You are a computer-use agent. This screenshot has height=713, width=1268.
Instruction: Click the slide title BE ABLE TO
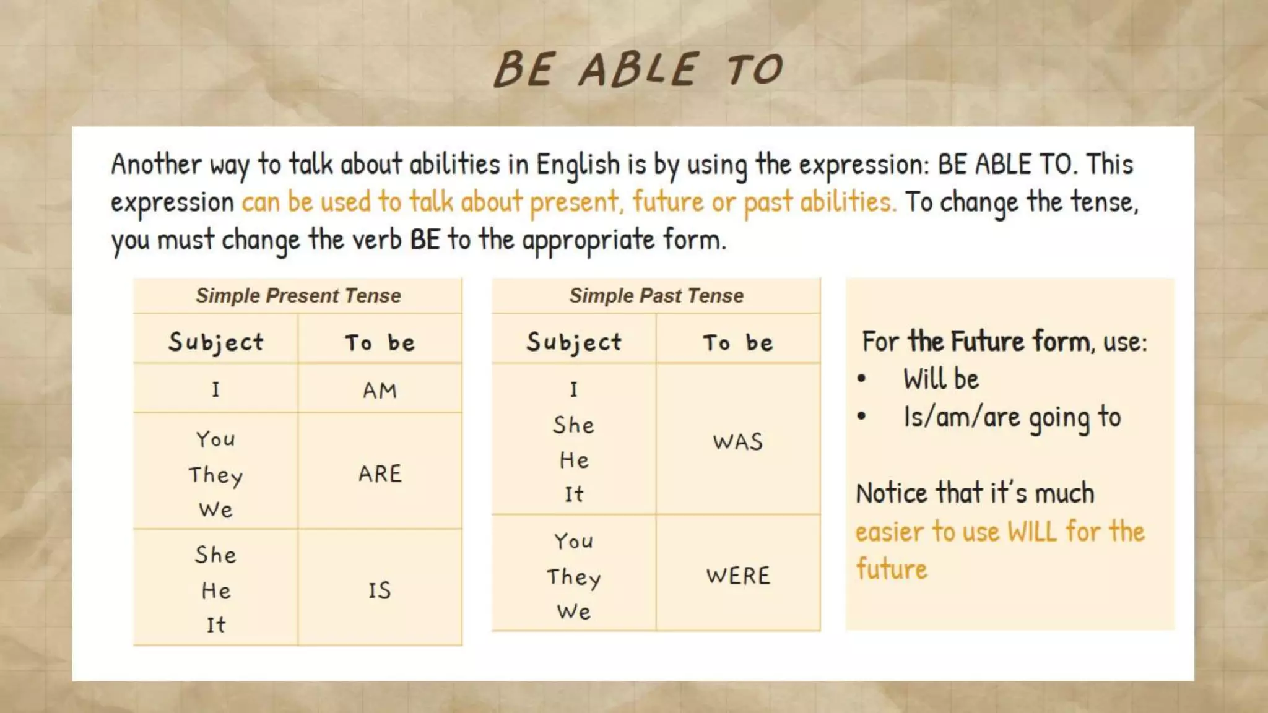tap(638, 69)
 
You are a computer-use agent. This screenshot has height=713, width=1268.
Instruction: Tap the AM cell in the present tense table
tap(380, 391)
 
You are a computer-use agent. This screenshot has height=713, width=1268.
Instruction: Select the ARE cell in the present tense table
tap(380, 473)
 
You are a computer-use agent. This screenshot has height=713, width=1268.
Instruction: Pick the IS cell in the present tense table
tap(380, 590)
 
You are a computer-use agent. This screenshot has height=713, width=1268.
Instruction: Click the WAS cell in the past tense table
tap(737, 441)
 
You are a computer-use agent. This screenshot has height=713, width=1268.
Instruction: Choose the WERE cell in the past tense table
tap(737, 576)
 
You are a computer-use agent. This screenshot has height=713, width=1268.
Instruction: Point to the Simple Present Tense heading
tap(298, 296)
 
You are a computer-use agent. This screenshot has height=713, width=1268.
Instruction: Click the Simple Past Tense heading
tap(656, 296)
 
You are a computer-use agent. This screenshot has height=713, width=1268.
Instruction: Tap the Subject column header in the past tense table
tap(574, 342)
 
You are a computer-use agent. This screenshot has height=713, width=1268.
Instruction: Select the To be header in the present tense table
tap(380, 342)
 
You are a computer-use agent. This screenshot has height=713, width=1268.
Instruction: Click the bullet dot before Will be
tap(861, 379)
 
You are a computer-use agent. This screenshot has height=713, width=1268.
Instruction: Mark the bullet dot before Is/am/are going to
tap(861, 417)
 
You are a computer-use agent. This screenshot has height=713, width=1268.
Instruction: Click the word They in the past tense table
tap(573, 577)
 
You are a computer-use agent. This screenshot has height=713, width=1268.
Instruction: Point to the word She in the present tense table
tap(215, 555)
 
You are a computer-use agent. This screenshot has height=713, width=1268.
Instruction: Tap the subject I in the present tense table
tap(215, 389)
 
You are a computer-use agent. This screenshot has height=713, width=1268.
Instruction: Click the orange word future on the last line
tap(892, 569)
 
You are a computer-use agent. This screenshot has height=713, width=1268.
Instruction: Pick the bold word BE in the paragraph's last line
tap(425, 240)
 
